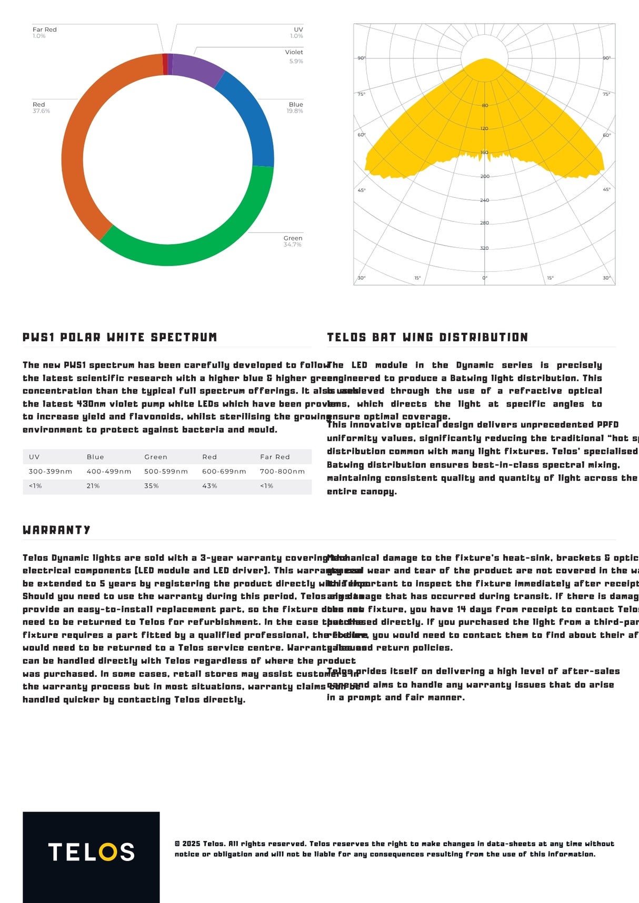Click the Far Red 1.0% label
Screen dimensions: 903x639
pyautogui.click(x=44, y=33)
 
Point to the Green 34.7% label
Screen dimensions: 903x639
pyautogui.click(x=293, y=241)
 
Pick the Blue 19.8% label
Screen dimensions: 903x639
pyautogui.click(x=295, y=108)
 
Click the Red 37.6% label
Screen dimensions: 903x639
pyautogui.click(x=41, y=108)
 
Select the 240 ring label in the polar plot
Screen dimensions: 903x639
pyautogui.click(x=484, y=200)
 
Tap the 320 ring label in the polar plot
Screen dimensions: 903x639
pyautogui.click(x=484, y=248)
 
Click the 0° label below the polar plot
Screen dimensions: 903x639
pyautogui.click(x=485, y=278)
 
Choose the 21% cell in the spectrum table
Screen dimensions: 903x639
pyautogui.click(x=93, y=486)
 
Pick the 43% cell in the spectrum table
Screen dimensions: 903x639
pyautogui.click(x=209, y=486)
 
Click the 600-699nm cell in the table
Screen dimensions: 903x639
pyautogui.click(x=224, y=471)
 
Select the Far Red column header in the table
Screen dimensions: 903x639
pyautogui.click(x=275, y=457)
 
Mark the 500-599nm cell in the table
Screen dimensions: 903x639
pyautogui.click(x=166, y=471)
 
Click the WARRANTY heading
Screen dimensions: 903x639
pyautogui.click(x=56, y=530)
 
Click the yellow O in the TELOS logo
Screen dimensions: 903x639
pyautogui.click(x=108, y=852)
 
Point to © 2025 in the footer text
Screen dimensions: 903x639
pyautogui.click(x=187, y=844)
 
